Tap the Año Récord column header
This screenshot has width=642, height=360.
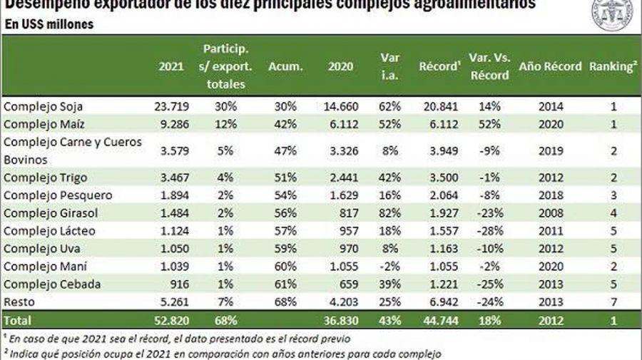coord(551,66)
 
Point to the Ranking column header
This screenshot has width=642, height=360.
coord(612,66)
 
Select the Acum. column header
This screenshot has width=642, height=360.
coord(285,66)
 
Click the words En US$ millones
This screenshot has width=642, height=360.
coord(49,24)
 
